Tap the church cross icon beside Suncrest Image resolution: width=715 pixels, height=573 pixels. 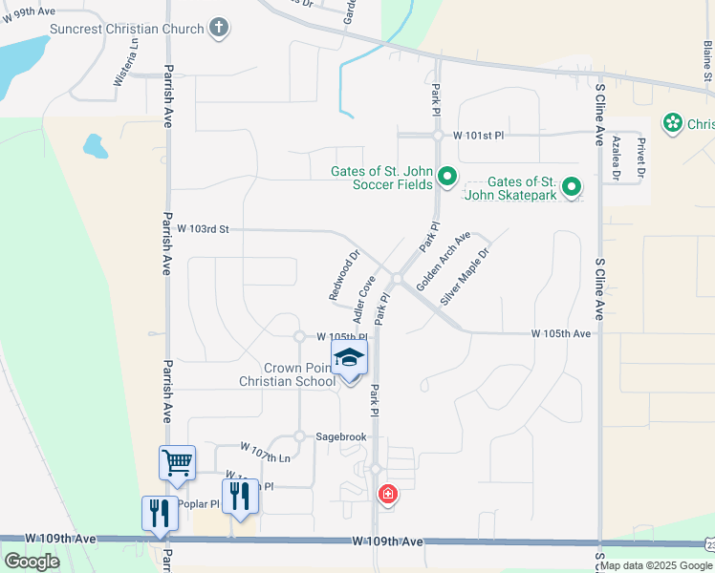(220, 27)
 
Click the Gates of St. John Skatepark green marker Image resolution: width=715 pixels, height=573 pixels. (572, 186)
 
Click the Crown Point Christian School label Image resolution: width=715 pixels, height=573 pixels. (287, 374)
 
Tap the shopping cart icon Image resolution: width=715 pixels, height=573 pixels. (178, 463)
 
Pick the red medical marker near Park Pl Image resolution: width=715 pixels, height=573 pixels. (387, 494)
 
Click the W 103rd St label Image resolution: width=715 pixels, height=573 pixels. (204, 229)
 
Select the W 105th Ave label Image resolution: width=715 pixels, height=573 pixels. (561, 333)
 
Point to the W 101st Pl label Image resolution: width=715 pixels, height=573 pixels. (478, 136)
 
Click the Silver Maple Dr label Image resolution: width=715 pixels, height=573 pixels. (465, 277)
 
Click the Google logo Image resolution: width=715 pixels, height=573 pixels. (32, 562)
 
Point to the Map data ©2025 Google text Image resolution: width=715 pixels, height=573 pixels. (655, 565)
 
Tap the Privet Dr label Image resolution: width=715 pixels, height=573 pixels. (641, 157)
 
